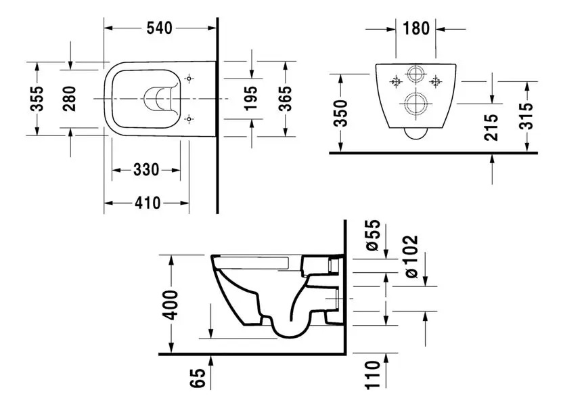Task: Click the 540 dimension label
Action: [160, 28]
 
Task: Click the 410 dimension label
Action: [146, 202]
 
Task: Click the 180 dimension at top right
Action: [416, 28]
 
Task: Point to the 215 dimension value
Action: [492, 127]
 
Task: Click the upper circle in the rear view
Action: [416, 73]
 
